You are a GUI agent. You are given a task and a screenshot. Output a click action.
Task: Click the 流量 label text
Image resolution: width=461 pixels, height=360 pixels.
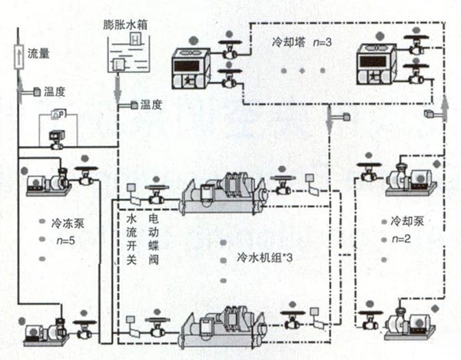38,54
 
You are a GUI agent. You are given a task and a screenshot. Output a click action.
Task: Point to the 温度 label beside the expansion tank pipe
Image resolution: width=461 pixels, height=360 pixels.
151,104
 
